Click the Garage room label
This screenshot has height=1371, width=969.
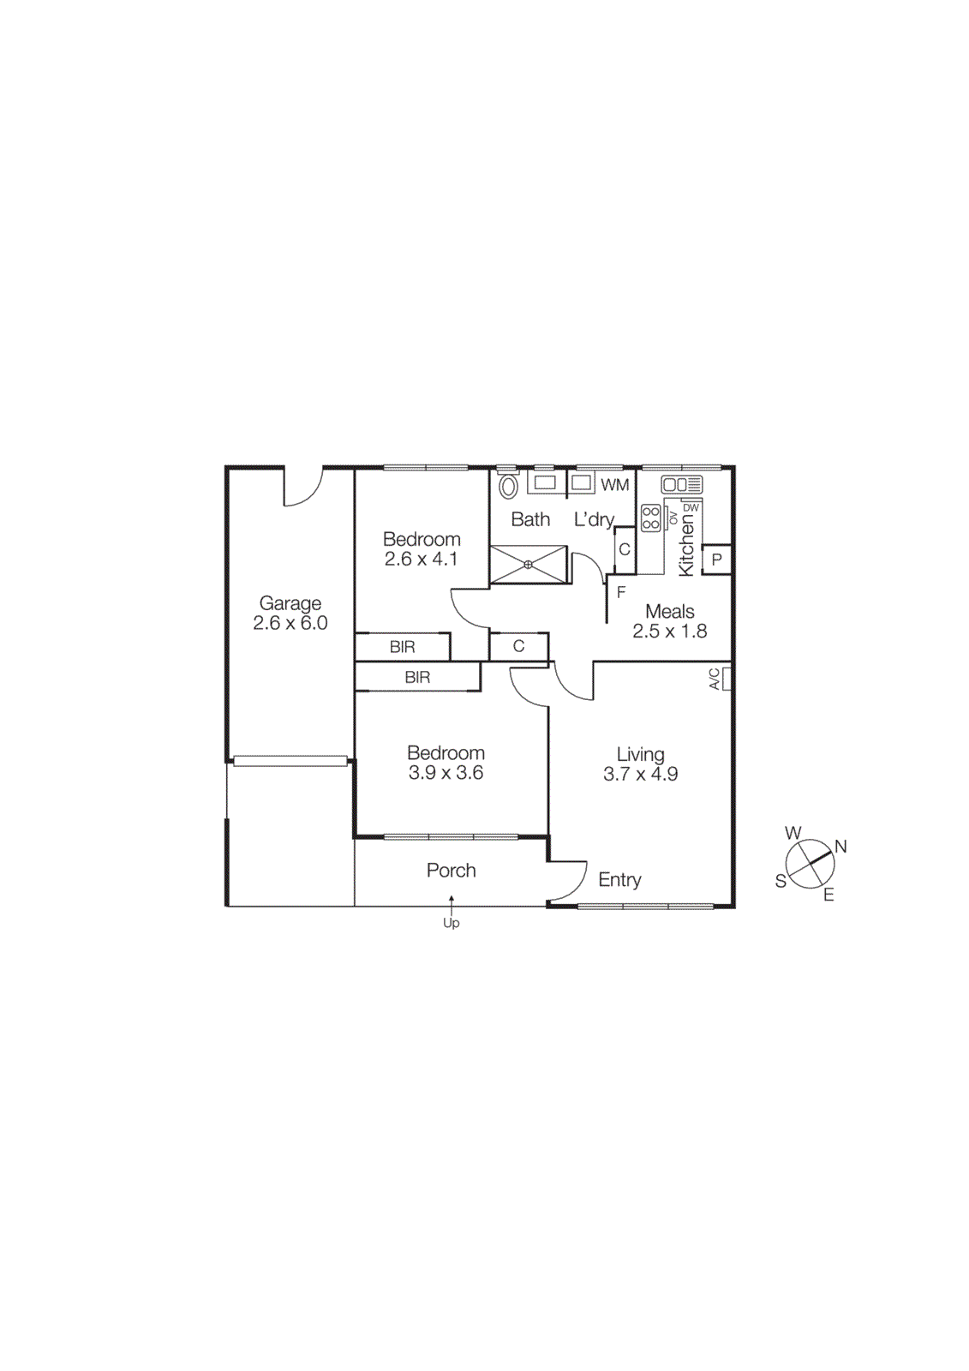(290, 603)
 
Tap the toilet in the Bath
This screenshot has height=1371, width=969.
(509, 486)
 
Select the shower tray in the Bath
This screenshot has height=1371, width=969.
(529, 564)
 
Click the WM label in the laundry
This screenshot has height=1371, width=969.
(614, 485)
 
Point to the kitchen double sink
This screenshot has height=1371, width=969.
(681, 484)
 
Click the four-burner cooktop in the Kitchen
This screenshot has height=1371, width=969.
(651, 518)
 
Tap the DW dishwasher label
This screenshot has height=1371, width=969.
(691, 508)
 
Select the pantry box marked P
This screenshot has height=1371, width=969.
(717, 560)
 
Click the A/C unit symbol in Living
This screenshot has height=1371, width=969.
(727, 679)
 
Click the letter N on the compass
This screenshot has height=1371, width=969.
(840, 847)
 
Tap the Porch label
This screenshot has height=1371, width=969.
(451, 871)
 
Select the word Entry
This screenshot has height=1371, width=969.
(619, 880)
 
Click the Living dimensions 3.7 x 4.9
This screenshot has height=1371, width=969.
(640, 775)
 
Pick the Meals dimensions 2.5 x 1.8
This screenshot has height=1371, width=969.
(669, 632)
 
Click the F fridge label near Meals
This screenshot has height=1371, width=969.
(621, 592)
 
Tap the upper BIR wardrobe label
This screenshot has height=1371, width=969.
(402, 647)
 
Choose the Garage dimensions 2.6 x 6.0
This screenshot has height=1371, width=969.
(290, 624)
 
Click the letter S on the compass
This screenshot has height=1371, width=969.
(781, 881)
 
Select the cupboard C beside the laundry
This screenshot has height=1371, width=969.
(625, 549)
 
